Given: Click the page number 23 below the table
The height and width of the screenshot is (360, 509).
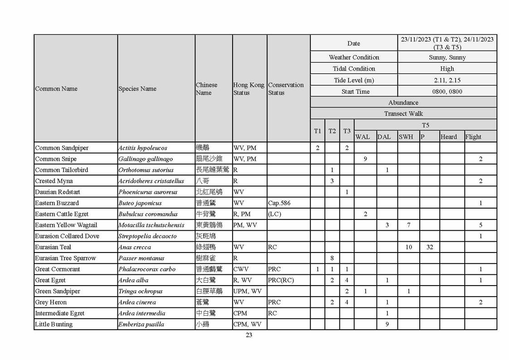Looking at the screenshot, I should [x=249, y=335].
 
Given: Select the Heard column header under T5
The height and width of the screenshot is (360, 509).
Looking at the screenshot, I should [x=448, y=136].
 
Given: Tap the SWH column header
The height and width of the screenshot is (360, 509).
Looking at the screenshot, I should [x=406, y=136].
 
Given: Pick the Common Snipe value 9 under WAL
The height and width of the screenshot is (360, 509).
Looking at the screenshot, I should [x=365, y=159].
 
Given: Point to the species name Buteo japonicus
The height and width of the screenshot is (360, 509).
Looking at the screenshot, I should [x=140, y=203].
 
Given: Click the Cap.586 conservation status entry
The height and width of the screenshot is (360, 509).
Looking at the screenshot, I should [x=279, y=203].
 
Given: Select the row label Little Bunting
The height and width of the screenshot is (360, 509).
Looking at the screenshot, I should [x=53, y=324].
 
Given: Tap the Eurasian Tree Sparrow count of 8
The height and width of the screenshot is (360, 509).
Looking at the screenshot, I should [x=332, y=258].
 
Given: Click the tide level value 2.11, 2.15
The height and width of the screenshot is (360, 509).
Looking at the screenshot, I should [x=447, y=80].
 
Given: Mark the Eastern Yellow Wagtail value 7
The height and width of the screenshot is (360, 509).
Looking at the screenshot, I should [x=408, y=225].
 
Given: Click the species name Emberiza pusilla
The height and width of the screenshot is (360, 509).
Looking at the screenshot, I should [x=141, y=324].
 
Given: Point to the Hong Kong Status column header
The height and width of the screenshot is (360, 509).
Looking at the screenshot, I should [x=248, y=88].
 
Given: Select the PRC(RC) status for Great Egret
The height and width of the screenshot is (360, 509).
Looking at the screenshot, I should [x=281, y=280].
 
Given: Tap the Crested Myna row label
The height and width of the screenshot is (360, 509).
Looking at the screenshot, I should [x=53, y=181].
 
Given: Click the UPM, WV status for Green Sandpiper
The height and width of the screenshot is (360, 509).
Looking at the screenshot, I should [x=247, y=291].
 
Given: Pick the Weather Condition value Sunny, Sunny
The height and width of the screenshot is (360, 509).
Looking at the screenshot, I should [x=447, y=57].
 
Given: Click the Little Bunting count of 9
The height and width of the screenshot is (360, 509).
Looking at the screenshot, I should [x=387, y=324].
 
